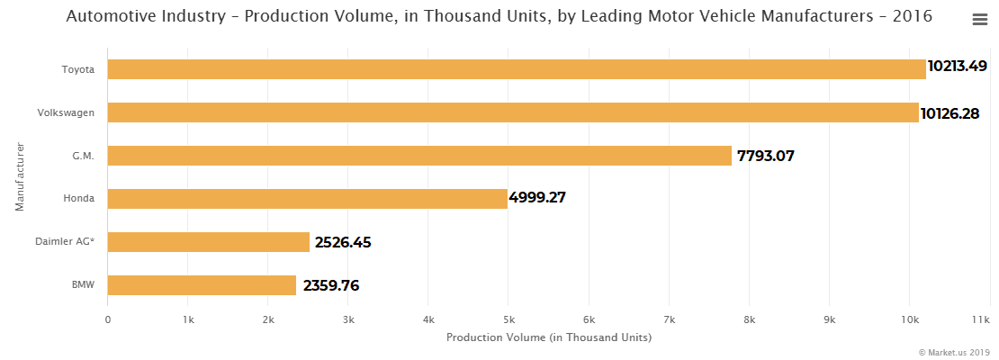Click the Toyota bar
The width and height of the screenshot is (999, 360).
[517, 69]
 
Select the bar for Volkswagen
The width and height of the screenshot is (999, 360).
[513, 112]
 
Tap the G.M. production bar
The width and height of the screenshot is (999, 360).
[419, 156]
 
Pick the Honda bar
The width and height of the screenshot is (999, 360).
[308, 198]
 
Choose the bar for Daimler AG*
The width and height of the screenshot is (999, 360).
[209, 242]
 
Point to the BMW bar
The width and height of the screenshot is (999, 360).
[202, 285]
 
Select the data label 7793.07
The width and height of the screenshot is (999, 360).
[765, 156]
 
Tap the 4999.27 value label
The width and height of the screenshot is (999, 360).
[537, 198]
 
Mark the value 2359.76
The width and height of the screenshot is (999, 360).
[331, 286]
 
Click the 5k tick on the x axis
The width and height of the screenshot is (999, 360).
[508, 319]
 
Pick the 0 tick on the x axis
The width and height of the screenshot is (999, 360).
[108, 319]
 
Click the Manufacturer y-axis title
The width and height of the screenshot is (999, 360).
[20, 176]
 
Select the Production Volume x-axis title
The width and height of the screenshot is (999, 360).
[548, 337]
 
